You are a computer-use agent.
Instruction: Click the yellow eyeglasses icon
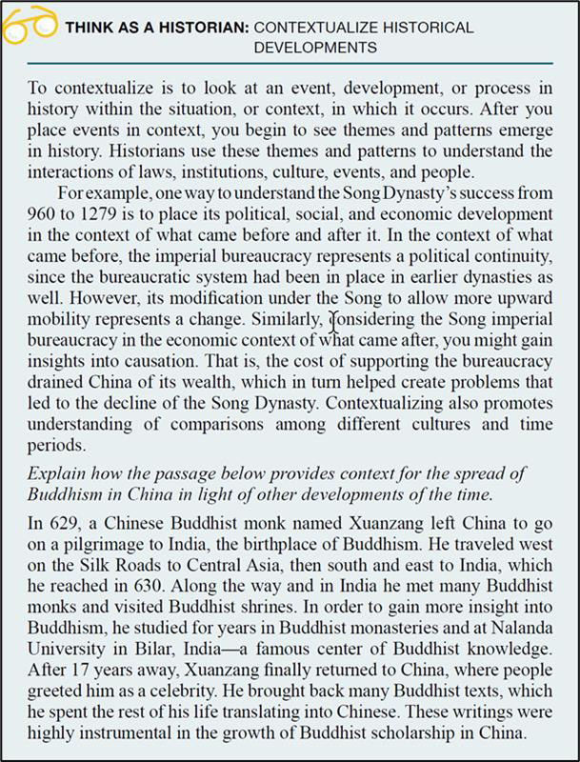[30, 24]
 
